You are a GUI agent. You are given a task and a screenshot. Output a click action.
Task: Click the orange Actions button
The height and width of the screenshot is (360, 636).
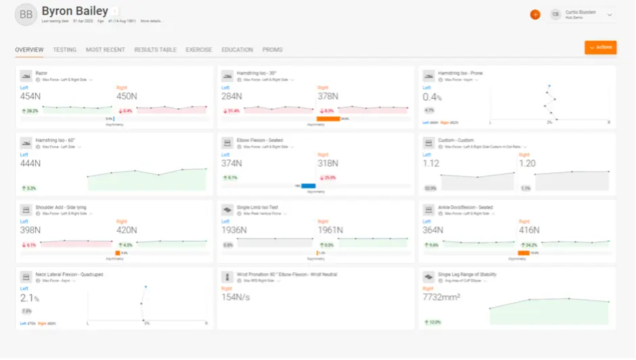pyautogui.click(x=600, y=47)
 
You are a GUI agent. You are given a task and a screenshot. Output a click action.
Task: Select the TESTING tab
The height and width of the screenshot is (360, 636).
pyautogui.click(x=65, y=50)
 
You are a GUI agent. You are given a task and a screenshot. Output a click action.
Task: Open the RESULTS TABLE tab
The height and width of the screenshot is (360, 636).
pyautogui.click(x=155, y=50)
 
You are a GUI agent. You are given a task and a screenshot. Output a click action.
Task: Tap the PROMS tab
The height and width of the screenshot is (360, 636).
pyautogui.click(x=272, y=50)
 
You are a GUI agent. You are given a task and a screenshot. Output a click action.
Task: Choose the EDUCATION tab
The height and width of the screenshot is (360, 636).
pyautogui.click(x=237, y=50)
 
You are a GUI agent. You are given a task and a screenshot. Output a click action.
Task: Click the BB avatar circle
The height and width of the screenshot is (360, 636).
pyautogui.click(x=26, y=14)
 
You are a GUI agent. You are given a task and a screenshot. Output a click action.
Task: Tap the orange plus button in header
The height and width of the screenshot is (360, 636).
pyautogui.click(x=535, y=14)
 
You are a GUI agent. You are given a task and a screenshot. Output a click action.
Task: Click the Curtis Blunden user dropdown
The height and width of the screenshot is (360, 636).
pyautogui.click(x=582, y=14)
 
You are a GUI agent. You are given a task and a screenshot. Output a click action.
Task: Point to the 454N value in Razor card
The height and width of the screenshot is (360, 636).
pyautogui.click(x=31, y=96)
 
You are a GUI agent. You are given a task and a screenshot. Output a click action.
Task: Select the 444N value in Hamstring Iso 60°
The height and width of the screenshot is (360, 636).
pyautogui.click(x=31, y=163)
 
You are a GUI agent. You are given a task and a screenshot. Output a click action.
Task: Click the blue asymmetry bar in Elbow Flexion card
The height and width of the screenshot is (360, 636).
pyautogui.click(x=308, y=186)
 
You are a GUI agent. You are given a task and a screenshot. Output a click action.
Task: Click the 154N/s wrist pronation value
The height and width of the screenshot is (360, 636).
pyautogui.click(x=237, y=298)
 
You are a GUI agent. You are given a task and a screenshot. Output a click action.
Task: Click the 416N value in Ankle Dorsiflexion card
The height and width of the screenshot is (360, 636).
pyautogui.click(x=529, y=230)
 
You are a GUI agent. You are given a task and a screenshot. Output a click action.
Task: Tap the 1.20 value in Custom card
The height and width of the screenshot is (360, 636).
pyautogui.click(x=527, y=163)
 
